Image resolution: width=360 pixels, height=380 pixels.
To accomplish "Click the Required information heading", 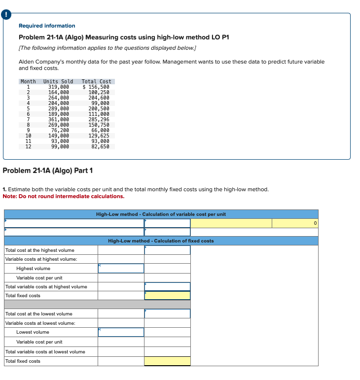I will pos(47,26).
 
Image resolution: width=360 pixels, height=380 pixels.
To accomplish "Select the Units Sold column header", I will pos(58,81).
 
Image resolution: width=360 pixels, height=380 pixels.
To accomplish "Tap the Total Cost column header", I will pos(97,81).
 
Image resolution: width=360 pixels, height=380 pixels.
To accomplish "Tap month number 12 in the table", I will pos(28,146).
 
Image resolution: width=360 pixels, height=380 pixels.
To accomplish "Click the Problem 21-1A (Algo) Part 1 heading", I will pos(48,171).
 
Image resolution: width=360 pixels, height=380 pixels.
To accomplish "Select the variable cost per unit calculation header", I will pos(161,214).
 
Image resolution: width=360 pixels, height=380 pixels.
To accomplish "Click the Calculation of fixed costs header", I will pos(161,241).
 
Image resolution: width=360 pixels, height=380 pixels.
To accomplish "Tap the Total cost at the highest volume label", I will pos(39,250).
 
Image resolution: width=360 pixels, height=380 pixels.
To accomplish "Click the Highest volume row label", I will pos(33,269).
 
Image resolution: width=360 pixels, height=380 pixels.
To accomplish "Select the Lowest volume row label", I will pos(33,332).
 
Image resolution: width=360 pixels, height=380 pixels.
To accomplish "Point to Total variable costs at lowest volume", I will pos(45,352).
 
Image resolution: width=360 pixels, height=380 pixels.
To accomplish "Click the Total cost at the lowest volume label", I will pos(38,314).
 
